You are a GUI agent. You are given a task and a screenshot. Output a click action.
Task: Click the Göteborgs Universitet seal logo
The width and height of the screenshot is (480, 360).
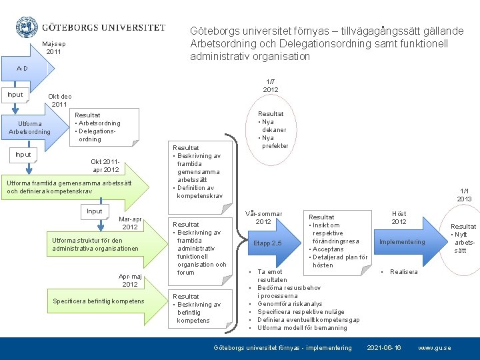(x=26, y=27)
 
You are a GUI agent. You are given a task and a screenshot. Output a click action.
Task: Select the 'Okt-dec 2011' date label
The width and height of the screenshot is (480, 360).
(x=60, y=101)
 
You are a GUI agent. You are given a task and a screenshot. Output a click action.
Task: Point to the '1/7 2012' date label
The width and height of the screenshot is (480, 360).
(x=271, y=85)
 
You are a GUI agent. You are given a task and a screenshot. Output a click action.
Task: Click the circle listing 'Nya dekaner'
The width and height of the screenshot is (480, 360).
(x=271, y=130)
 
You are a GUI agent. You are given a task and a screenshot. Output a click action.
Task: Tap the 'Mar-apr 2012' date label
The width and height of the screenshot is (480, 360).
(x=130, y=223)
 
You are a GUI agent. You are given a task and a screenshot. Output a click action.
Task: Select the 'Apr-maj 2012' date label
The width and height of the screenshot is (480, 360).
(x=130, y=280)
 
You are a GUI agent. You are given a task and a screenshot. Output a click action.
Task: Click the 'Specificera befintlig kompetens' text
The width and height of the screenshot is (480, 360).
(x=97, y=301)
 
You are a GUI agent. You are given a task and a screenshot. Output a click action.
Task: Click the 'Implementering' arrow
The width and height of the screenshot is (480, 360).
(x=401, y=242)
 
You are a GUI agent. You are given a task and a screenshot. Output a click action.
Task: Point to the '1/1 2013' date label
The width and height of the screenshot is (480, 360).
(x=464, y=195)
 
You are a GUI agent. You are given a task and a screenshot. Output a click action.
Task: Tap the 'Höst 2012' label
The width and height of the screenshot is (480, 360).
(x=399, y=217)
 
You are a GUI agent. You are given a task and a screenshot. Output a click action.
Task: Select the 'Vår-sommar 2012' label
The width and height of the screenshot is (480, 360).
(x=263, y=217)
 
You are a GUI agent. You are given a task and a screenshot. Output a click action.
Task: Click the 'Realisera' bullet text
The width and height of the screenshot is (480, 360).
(x=404, y=272)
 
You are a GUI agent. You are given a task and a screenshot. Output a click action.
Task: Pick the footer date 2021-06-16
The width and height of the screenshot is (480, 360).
(x=384, y=348)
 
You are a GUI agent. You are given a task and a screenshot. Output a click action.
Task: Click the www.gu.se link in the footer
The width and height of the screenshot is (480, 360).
(x=434, y=348)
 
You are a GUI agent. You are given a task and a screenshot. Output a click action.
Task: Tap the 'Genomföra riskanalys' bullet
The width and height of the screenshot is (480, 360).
(x=289, y=304)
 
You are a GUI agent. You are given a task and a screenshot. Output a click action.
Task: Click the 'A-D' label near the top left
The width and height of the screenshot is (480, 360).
(x=22, y=69)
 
